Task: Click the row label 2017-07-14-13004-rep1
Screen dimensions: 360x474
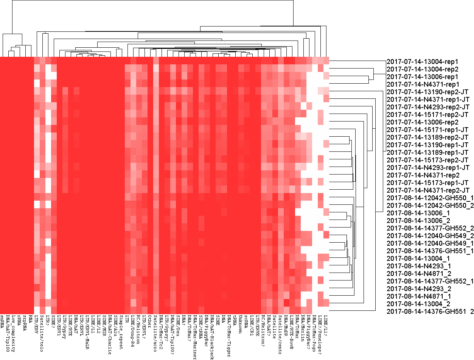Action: [x=422, y=61]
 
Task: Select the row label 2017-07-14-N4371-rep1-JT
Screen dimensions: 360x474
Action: [x=428, y=99]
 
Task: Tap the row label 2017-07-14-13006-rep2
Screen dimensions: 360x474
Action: [x=422, y=122]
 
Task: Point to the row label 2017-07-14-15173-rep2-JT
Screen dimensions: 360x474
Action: [x=428, y=160]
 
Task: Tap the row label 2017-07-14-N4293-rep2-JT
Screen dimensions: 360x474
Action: [x=428, y=107]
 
